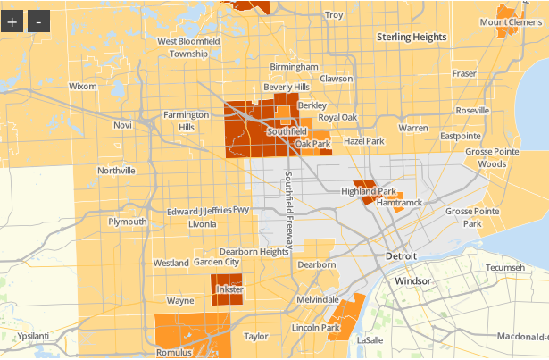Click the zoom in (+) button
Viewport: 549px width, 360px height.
(12, 21)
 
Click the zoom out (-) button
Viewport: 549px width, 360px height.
(37, 21)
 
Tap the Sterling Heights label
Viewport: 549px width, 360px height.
(411, 37)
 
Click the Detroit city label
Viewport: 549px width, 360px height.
(401, 256)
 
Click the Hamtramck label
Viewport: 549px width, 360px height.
(398, 204)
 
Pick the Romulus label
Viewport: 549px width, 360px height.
(175, 353)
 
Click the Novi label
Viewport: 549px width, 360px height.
(122, 125)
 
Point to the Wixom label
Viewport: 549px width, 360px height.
(82, 87)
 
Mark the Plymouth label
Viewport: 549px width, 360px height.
(127, 222)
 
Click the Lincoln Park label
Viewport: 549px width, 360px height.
(316, 328)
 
